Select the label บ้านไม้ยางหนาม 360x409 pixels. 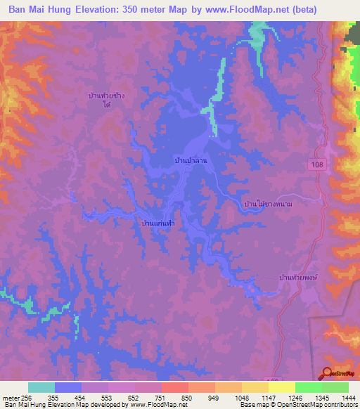(266, 204)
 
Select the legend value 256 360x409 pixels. (20, 397)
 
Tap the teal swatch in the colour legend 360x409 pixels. (41, 387)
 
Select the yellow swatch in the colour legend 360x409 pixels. (282, 387)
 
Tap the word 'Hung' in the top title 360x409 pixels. (59, 10)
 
